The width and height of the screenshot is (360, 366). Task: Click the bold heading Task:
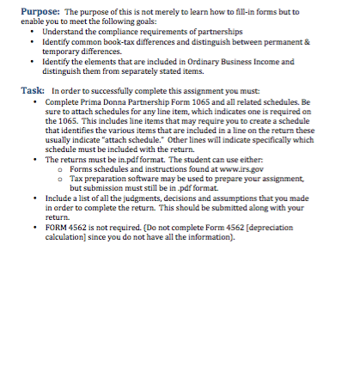32,90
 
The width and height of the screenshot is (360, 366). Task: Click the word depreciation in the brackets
262,227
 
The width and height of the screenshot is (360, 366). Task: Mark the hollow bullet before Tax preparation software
61,179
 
